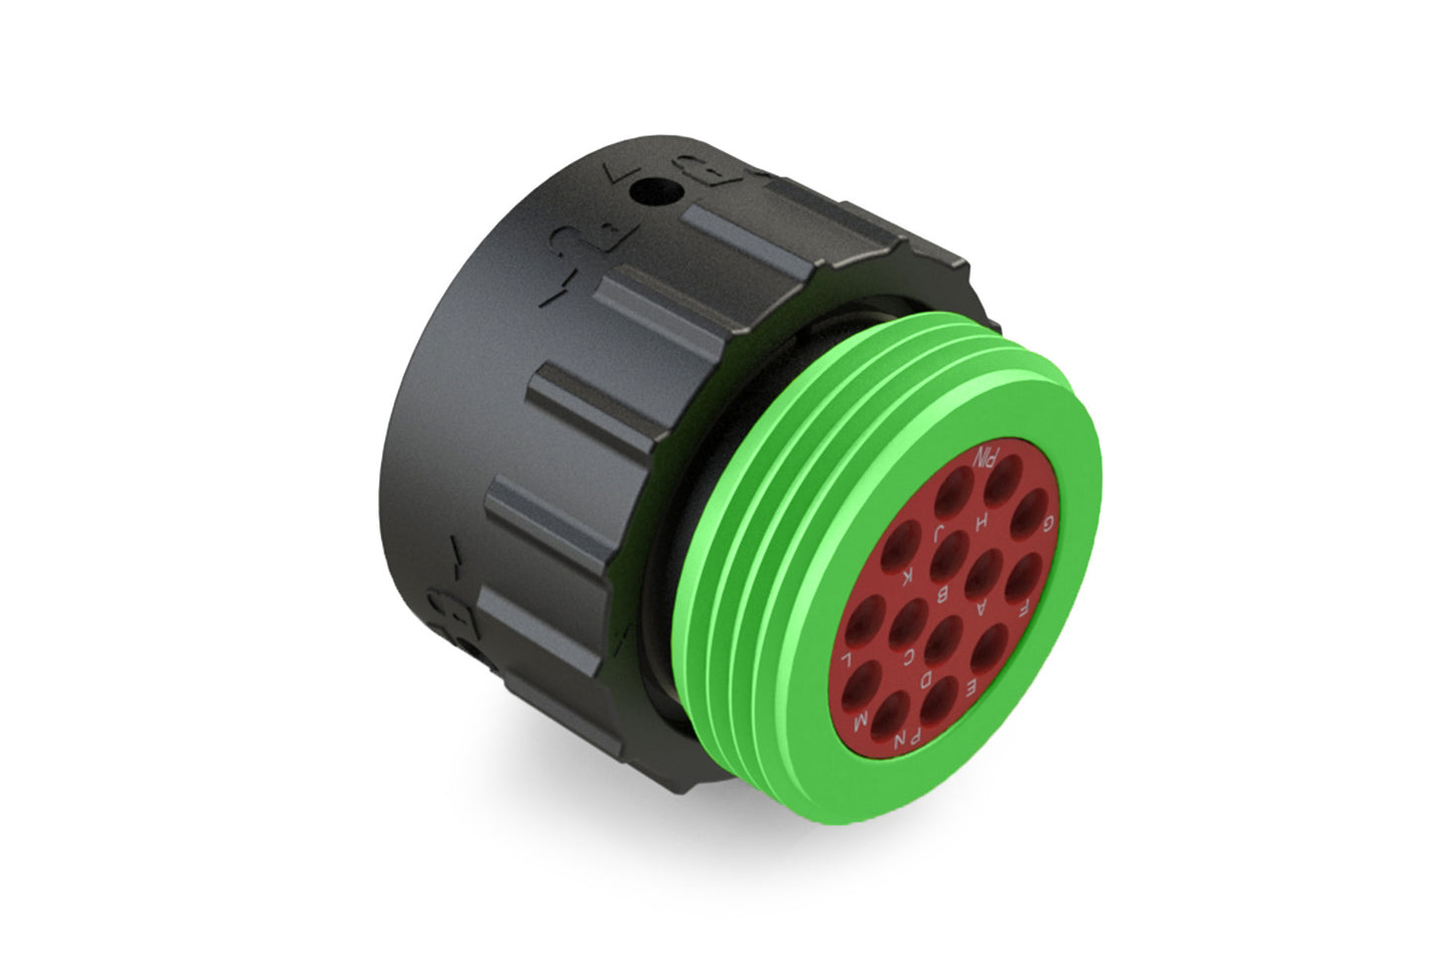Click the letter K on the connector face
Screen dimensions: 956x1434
(906, 575)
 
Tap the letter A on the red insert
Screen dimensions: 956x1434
(982, 606)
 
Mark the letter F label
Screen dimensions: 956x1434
(1023, 602)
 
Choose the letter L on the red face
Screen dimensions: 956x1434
(847, 659)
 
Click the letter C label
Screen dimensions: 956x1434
(911, 655)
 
